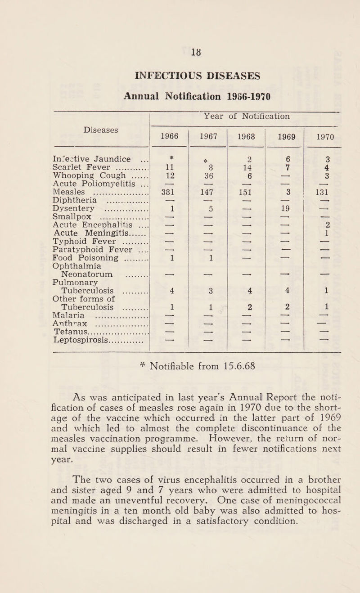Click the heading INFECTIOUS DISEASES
pyautogui.click(x=180, y=58)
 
